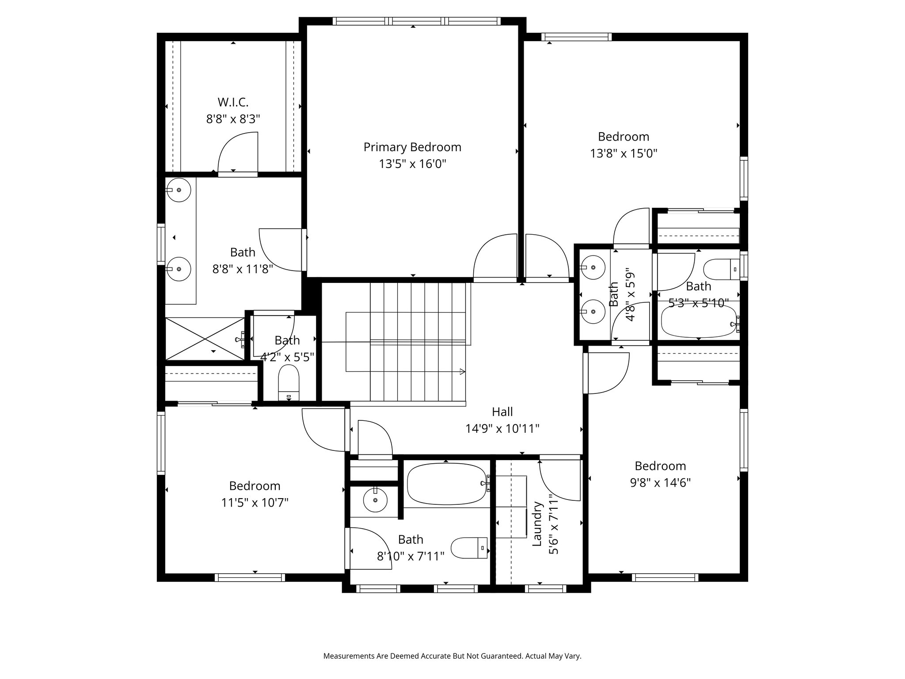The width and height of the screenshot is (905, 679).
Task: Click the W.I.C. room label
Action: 233,102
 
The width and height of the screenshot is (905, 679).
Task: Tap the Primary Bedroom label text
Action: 412,147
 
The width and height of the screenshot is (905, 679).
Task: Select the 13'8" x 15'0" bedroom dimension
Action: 624,153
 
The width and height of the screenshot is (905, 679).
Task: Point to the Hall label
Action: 502,412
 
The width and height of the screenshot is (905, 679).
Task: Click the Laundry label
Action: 537,523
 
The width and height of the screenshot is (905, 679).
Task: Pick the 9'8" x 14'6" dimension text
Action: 660,482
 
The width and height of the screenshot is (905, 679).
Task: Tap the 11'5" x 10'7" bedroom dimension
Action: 255,503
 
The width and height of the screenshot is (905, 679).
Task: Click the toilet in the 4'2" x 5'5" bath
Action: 289,383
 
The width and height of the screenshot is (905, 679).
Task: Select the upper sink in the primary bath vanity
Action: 179,190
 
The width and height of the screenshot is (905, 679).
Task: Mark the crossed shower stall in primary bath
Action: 205,339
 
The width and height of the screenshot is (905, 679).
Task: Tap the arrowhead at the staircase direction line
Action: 463,372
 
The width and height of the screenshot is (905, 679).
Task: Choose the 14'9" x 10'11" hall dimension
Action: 502,429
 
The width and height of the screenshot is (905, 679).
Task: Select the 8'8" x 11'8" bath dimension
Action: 243,269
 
